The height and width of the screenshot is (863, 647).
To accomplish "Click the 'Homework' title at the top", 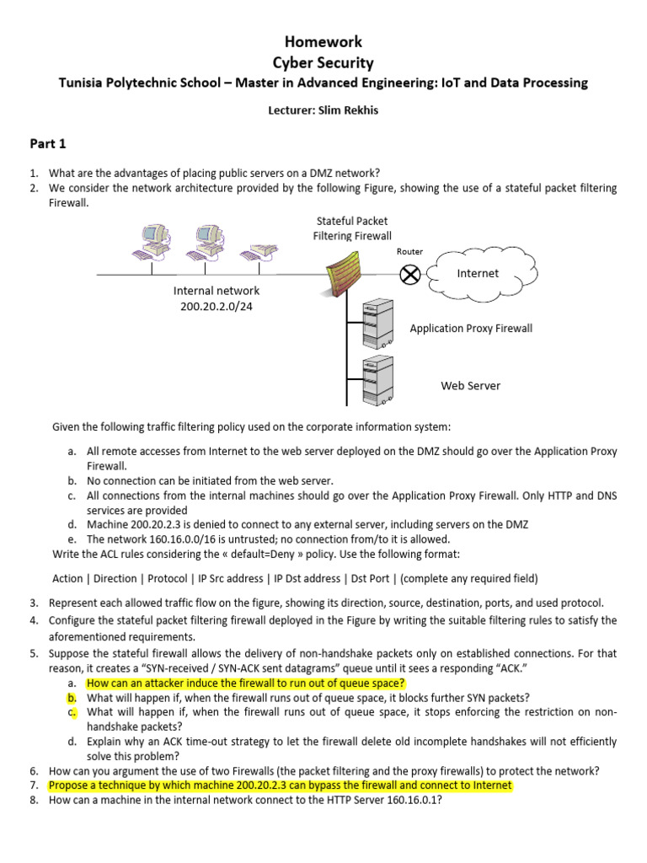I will tap(323, 41).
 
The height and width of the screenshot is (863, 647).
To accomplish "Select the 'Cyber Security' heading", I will tap(323, 62).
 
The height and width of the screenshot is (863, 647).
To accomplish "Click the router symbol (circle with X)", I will tap(410, 274).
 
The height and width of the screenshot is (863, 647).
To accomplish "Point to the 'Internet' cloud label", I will tap(478, 273).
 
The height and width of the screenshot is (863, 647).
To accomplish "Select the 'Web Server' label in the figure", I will tap(470, 386).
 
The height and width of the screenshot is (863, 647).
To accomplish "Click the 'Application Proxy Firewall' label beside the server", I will tap(471, 329).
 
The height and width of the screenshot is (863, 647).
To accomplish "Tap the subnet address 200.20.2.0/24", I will tap(217, 306).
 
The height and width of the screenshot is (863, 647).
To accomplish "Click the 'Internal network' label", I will tap(217, 291).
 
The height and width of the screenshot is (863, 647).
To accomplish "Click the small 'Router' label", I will tap(409, 251).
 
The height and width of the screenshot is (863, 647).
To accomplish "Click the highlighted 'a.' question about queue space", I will tap(246, 683).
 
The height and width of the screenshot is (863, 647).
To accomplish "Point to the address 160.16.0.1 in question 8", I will tap(410, 801).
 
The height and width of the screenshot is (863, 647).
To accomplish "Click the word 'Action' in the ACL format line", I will tap(67, 578).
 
